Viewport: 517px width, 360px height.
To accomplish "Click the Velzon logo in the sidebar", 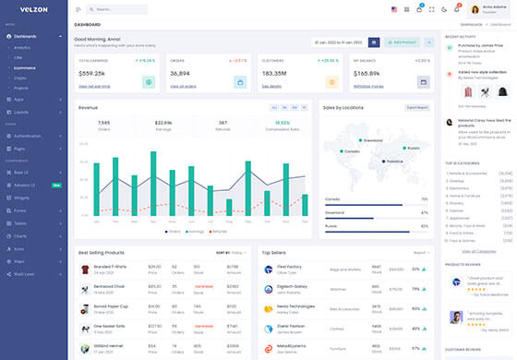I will pos(24,10).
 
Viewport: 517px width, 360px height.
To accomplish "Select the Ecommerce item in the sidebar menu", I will pos(25,66).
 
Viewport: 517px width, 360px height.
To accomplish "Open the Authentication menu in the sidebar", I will pos(28,136).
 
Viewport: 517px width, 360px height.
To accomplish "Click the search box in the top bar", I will pos(120,9).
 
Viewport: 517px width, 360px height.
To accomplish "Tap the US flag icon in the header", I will pos(394,9).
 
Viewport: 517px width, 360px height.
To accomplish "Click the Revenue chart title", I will pos(89,107).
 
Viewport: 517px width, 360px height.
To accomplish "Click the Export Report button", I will pos(417,107).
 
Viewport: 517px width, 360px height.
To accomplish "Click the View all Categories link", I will pos(478,251).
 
